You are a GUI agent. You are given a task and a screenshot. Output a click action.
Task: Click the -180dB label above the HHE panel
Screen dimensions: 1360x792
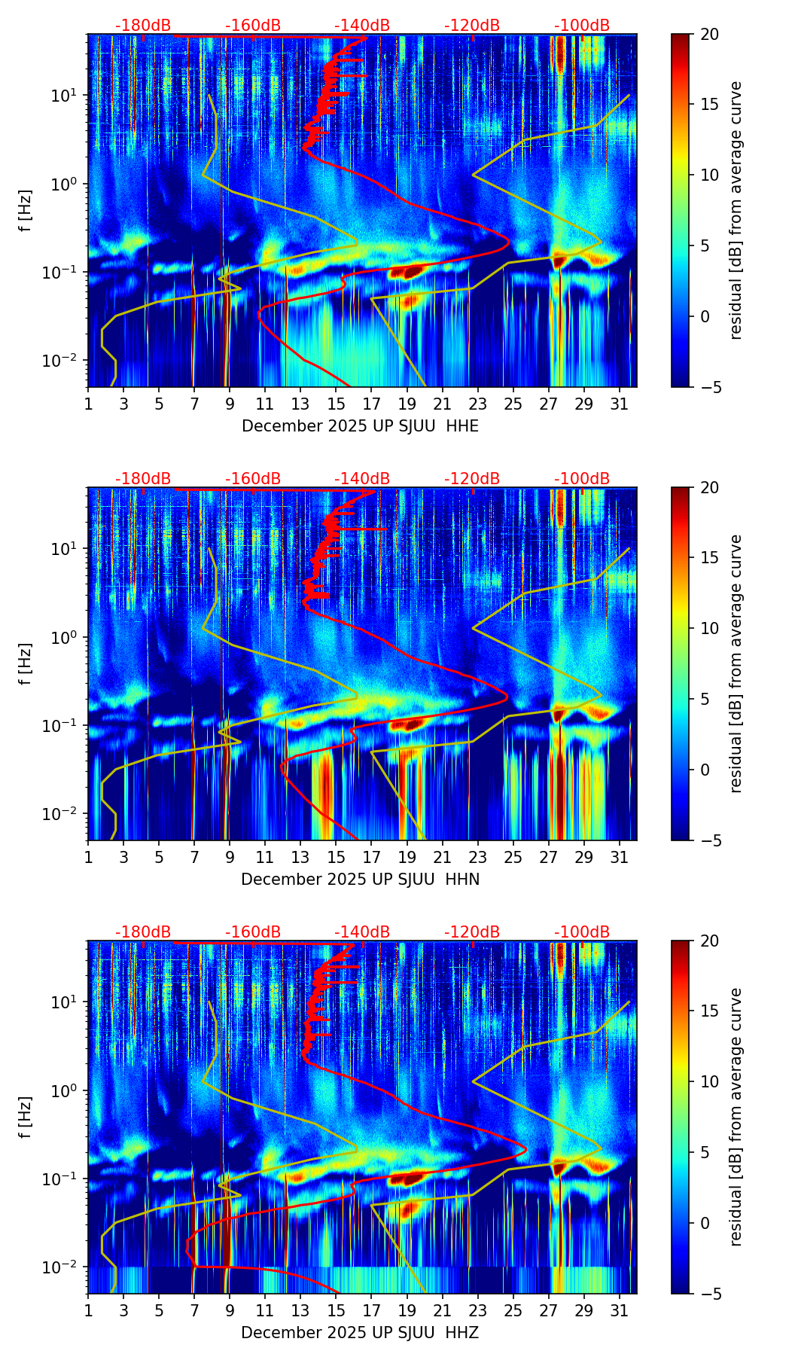click(143, 26)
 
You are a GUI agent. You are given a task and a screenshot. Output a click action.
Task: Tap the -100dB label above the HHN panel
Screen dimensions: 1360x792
click(582, 479)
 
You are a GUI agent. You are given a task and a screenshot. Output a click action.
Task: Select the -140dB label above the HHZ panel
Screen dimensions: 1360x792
click(362, 932)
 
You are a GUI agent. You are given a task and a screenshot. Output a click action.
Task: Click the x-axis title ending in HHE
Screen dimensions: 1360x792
click(360, 426)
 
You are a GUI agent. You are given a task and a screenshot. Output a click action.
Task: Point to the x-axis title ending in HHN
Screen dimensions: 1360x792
click(360, 880)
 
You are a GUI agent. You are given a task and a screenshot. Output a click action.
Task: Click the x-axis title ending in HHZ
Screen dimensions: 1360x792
click(360, 1333)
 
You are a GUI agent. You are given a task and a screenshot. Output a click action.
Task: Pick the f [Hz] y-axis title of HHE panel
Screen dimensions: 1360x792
click(26, 210)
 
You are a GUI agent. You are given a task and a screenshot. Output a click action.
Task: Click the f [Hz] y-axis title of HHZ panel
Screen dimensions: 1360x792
click(26, 1117)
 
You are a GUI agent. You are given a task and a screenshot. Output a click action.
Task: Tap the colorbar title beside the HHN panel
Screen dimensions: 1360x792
click(736, 663)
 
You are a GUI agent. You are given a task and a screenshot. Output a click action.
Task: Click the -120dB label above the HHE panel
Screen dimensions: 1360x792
click(472, 26)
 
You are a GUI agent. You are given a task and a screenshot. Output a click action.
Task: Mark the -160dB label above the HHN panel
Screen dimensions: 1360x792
click(253, 479)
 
